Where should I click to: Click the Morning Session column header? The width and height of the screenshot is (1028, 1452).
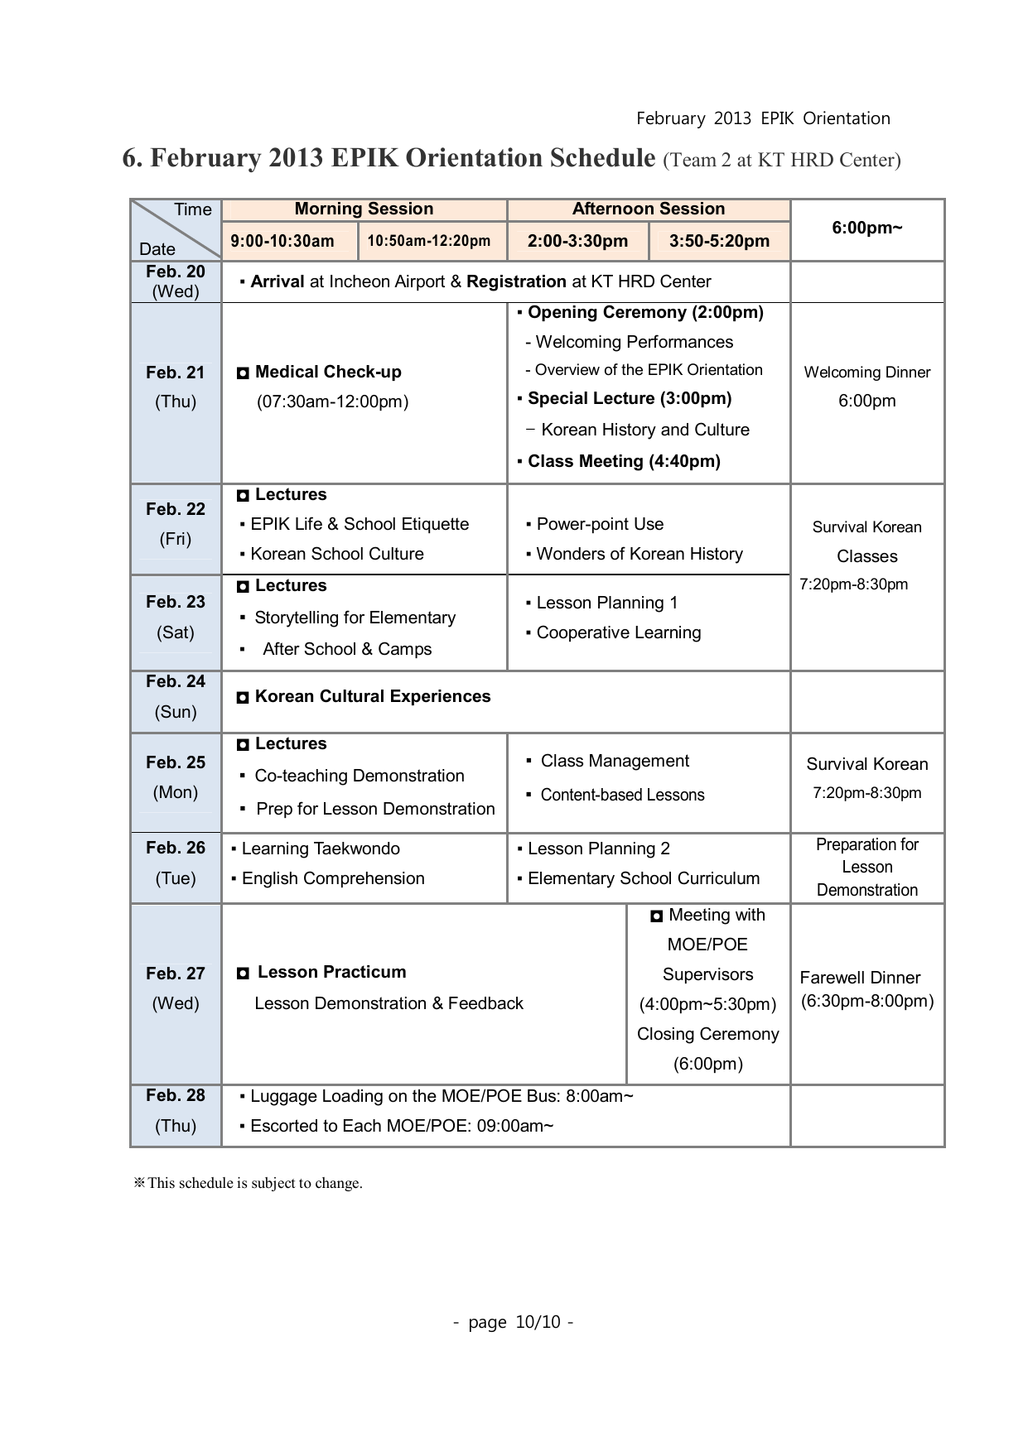point(364,209)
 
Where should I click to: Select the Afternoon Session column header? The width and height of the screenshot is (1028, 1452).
point(648,209)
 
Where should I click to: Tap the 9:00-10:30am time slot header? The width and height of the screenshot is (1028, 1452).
point(282,241)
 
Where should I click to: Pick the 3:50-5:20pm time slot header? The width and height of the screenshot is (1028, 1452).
point(719,241)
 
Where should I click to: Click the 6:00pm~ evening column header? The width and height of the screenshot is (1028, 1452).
point(866,228)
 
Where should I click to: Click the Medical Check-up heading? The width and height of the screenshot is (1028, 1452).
point(328,373)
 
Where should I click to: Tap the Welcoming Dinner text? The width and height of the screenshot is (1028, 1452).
point(866,373)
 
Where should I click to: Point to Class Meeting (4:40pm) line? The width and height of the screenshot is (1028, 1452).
point(623,462)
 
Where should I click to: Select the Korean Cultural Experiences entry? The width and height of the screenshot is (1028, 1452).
point(372,697)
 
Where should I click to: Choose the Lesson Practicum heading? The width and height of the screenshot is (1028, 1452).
point(331,973)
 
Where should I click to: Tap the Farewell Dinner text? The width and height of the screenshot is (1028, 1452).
point(860,978)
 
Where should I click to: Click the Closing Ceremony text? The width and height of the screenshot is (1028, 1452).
point(707,1035)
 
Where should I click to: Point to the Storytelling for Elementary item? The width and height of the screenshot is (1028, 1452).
point(355,618)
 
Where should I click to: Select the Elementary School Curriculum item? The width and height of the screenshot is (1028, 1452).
point(643,879)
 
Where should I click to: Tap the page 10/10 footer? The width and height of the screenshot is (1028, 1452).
point(514,1322)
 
